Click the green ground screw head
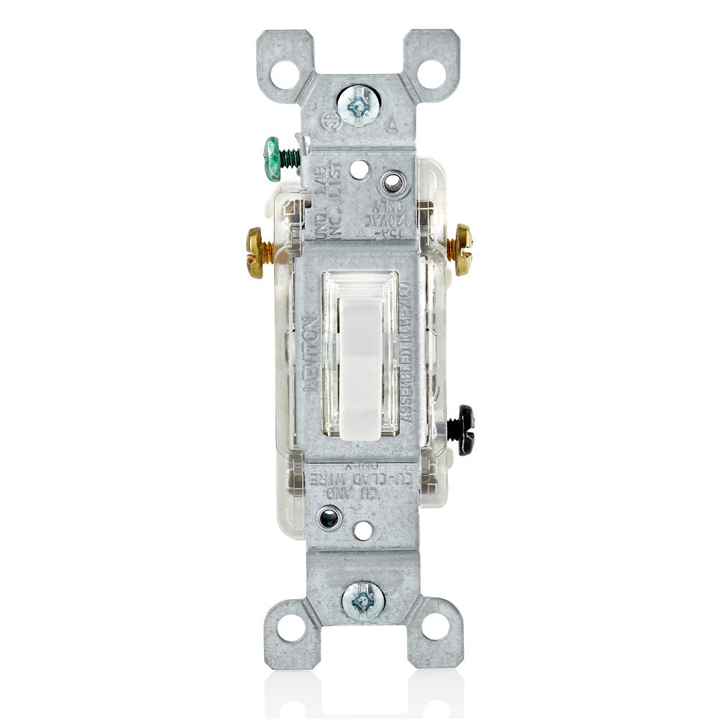[273, 158]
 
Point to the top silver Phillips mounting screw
[359, 106]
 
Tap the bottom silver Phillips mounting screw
[362, 598]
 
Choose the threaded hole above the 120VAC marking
[392, 182]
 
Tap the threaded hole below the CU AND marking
[329, 516]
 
